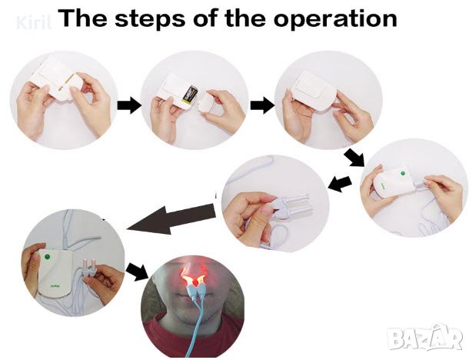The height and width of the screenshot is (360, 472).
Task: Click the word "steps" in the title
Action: click(150, 18)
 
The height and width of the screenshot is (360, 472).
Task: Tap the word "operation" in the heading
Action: click(334, 18)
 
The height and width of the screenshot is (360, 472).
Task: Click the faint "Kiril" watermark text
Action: click(34, 22)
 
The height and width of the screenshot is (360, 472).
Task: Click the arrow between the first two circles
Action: click(129, 105)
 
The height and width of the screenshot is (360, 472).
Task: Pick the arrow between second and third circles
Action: click(262, 105)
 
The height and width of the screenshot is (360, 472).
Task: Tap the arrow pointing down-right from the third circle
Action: click(354, 157)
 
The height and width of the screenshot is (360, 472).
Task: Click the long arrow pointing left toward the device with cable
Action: click(171, 219)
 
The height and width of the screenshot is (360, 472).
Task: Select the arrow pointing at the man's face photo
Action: click(137, 271)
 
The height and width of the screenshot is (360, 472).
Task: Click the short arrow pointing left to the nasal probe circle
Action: click(340, 184)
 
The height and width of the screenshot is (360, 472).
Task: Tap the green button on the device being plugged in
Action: click(403, 174)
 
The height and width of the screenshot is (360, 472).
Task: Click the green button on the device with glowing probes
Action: click(47, 257)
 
